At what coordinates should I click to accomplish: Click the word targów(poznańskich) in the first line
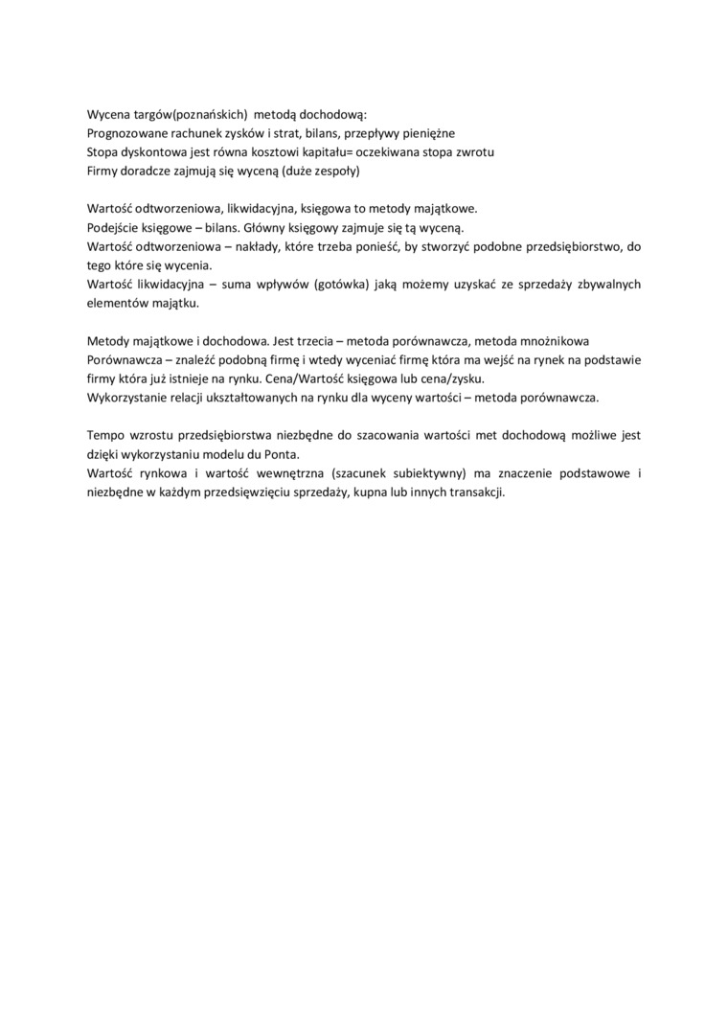point(187,114)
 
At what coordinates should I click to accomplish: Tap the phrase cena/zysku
point(453,378)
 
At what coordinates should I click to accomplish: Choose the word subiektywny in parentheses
point(428,472)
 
